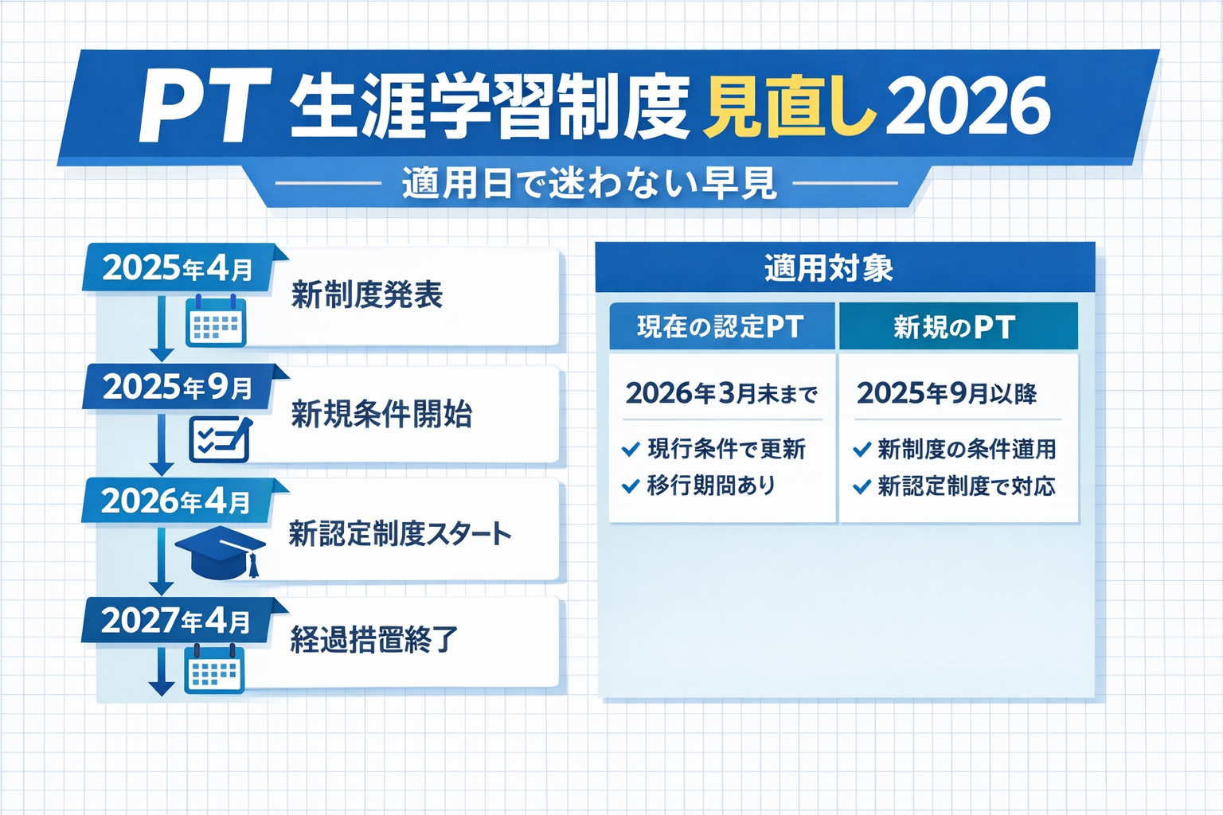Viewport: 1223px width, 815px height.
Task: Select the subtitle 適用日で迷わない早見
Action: point(588,184)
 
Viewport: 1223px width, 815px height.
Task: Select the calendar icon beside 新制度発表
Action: point(215,322)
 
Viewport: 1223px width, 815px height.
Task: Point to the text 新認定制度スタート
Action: point(400,533)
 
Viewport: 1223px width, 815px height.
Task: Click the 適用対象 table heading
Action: point(829,268)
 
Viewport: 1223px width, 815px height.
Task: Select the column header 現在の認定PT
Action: point(721,327)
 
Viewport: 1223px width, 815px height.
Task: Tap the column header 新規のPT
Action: point(954,327)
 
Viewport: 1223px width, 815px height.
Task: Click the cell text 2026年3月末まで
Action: point(721,393)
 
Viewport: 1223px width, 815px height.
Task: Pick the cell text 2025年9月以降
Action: point(947,393)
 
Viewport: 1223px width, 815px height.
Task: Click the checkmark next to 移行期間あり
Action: point(631,485)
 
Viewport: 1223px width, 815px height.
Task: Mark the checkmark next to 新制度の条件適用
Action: point(861,450)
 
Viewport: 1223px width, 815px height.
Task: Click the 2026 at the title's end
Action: point(968,107)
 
